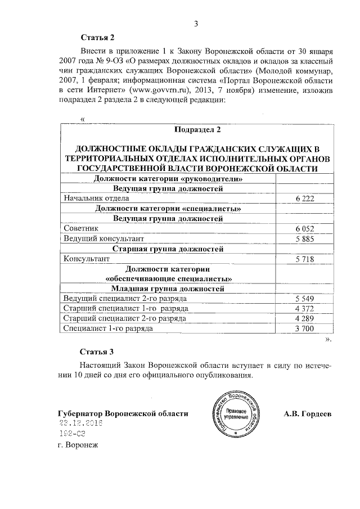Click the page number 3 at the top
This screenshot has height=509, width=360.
coord(196,23)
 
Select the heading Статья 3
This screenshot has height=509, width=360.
coord(97,352)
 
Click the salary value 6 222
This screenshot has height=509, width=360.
coord(304,199)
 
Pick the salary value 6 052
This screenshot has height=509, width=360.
coord(304,229)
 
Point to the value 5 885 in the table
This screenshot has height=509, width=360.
coord(304,239)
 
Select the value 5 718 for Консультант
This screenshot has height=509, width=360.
coord(304,259)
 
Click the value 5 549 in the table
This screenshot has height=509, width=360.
coord(304,299)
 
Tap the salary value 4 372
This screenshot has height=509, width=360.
coord(304,309)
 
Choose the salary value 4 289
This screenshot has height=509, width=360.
coord(304,319)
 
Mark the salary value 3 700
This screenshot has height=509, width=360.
coord(304,329)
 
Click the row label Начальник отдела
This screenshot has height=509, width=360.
coord(96,199)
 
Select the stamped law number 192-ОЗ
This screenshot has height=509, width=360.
coord(72,434)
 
